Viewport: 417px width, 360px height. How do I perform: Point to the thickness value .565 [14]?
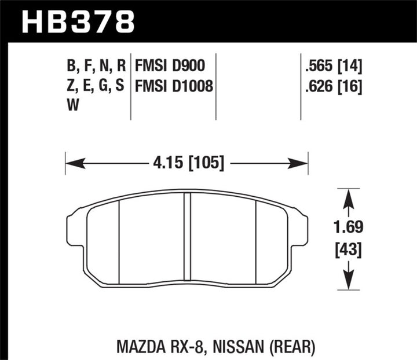(x=332, y=65)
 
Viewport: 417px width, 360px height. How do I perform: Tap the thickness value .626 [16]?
(x=332, y=87)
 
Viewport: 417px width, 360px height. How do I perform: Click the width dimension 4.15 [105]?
(x=186, y=163)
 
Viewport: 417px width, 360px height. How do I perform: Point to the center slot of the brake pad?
(x=187, y=237)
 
